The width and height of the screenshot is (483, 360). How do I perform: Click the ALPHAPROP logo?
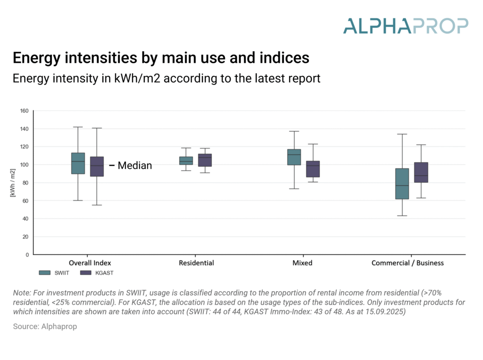pyautogui.click(x=406, y=25)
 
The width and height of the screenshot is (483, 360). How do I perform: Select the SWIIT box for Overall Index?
pyautogui.click(x=78, y=163)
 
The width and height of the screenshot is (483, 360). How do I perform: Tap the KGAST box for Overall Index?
pyautogui.click(x=97, y=167)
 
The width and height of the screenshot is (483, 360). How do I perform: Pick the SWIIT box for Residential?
pyautogui.click(x=186, y=160)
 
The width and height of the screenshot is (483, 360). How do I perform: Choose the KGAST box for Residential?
pyautogui.click(x=205, y=160)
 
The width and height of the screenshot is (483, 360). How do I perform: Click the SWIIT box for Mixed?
pyautogui.click(x=294, y=157)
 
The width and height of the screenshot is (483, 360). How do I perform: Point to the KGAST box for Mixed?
pyautogui.click(x=313, y=169)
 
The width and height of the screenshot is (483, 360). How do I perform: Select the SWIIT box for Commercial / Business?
pyautogui.click(x=402, y=184)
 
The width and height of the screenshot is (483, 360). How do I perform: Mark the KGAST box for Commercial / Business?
pyautogui.click(x=421, y=172)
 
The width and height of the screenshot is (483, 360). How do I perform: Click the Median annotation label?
pyautogui.click(x=134, y=166)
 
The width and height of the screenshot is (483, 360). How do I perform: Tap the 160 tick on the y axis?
pyautogui.click(x=24, y=111)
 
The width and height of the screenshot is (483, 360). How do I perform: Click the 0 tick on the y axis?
pyautogui.click(x=27, y=255)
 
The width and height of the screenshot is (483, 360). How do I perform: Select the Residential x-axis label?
pyautogui.click(x=196, y=263)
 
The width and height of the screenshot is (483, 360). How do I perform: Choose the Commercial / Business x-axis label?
pyautogui.click(x=408, y=263)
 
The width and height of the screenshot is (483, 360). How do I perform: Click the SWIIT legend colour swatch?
pyautogui.click(x=45, y=273)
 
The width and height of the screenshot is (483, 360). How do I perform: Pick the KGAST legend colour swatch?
pyautogui.click(x=85, y=273)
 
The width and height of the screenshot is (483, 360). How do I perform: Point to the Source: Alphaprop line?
pyautogui.click(x=45, y=327)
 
